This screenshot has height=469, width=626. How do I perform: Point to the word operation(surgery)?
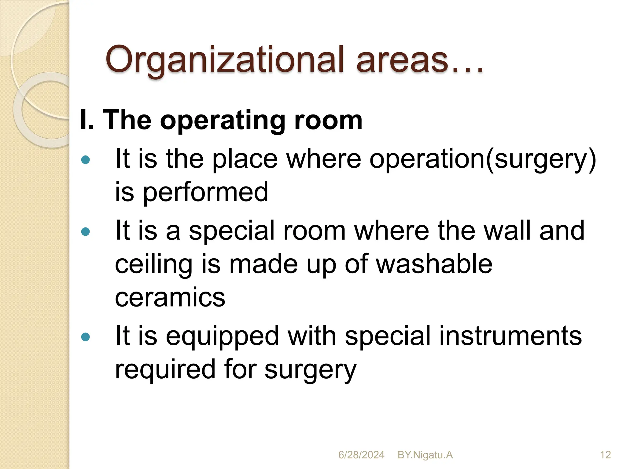tap(483, 159)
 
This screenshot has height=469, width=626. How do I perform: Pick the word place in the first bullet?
tap(245, 159)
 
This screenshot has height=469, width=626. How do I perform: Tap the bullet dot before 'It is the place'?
tap(86, 160)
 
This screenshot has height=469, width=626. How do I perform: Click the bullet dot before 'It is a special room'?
tap(86, 232)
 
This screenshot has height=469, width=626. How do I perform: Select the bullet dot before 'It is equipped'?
tap(86, 337)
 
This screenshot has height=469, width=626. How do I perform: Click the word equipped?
tap(223, 336)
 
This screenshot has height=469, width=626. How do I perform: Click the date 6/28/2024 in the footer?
tap(361, 455)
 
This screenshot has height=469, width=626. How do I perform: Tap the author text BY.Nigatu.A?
tap(425, 455)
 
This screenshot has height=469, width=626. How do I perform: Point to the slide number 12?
tap(605, 455)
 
